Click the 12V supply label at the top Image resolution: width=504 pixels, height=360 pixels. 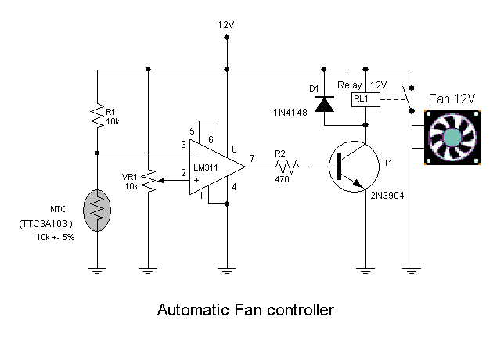click(225, 25)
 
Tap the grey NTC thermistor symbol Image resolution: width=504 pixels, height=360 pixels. click(96, 207)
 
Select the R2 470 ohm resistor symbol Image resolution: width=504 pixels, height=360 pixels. click(287, 167)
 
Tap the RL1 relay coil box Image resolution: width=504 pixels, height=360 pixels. click(364, 99)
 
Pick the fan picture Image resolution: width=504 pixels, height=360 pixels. click(453, 137)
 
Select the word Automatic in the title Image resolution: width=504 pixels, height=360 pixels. click(189, 310)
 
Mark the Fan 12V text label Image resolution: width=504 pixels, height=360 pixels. click(453, 99)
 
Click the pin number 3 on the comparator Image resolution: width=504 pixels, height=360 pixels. click(182, 145)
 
